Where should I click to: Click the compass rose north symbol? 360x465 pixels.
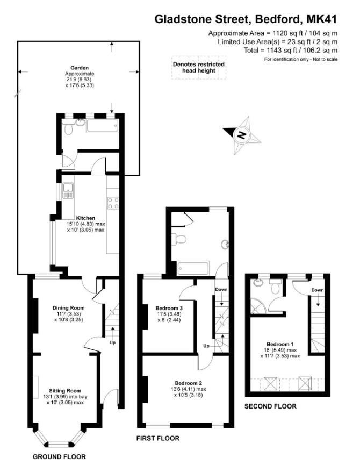click(x=242, y=135)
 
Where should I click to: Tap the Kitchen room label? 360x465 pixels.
click(x=85, y=218)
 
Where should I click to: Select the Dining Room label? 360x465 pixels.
click(x=68, y=308)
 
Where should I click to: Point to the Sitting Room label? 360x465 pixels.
click(x=65, y=391)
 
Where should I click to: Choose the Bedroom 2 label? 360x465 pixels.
click(x=188, y=383)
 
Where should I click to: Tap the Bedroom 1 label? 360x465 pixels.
click(x=280, y=344)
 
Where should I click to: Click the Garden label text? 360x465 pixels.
click(x=80, y=68)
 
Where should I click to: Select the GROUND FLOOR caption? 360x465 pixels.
click(x=59, y=457)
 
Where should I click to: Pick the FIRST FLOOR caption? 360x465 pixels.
click(x=157, y=438)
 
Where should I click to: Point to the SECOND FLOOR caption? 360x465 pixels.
click(x=270, y=406)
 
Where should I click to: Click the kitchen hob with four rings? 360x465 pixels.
click(x=113, y=203)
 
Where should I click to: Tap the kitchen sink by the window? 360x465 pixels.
click(x=68, y=191)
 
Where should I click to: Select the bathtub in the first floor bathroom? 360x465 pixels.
click(x=193, y=268)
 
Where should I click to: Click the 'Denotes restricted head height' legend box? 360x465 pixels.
click(x=198, y=68)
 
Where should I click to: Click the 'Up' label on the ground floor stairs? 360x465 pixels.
click(x=113, y=342)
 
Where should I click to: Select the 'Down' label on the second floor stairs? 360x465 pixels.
click(x=318, y=290)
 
